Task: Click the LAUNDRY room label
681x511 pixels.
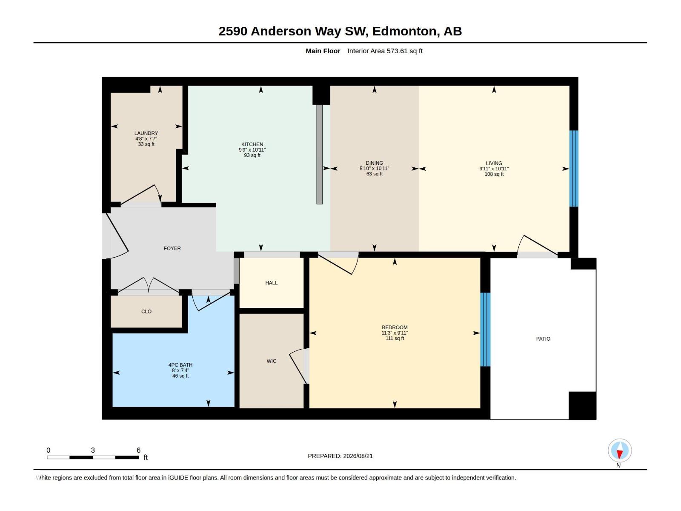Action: pyautogui.click(x=146, y=133)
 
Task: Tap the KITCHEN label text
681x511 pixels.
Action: pyautogui.click(x=252, y=144)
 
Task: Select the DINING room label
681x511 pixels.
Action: pyautogui.click(x=374, y=163)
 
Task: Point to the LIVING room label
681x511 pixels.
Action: pyautogui.click(x=494, y=163)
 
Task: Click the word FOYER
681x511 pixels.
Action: pyautogui.click(x=172, y=248)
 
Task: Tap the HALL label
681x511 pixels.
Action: pyautogui.click(x=272, y=283)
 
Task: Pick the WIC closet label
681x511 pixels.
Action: pyautogui.click(x=272, y=361)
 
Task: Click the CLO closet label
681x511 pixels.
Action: pyautogui.click(x=146, y=312)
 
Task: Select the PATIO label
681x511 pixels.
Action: pyautogui.click(x=543, y=339)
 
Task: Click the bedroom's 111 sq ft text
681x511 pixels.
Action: pyautogui.click(x=395, y=338)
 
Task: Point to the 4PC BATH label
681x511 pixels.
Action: pyautogui.click(x=180, y=365)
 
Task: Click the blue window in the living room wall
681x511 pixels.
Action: pyautogui.click(x=574, y=169)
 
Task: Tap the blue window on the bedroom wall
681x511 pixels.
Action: pyautogui.click(x=485, y=330)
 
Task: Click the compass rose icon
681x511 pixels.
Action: pyautogui.click(x=620, y=450)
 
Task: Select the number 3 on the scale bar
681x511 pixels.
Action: pyautogui.click(x=93, y=450)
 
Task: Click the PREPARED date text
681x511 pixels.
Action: pyautogui.click(x=340, y=456)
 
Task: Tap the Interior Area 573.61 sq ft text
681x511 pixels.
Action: pyautogui.click(x=385, y=51)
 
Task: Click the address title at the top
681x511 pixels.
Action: pyautogui.click(x=340, y=31)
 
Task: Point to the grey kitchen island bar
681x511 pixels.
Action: pyautogui.click(x=319, y=154)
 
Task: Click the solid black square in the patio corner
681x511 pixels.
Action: pyautogui.click(x=582, y=405)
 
